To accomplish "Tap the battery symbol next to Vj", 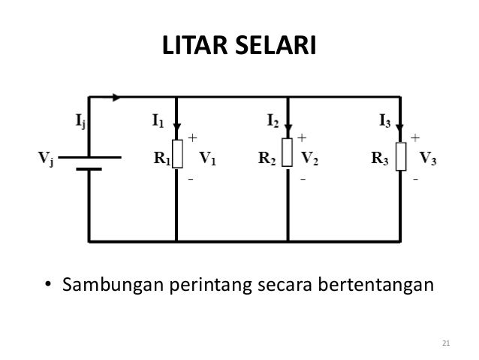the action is [89, 163].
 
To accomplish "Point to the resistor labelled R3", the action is [402, 156].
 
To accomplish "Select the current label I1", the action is [157, 119].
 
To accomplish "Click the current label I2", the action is [273, 119].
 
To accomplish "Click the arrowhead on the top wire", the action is [116, 96].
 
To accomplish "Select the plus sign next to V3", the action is [415, 138].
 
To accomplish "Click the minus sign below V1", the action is [191, 181].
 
